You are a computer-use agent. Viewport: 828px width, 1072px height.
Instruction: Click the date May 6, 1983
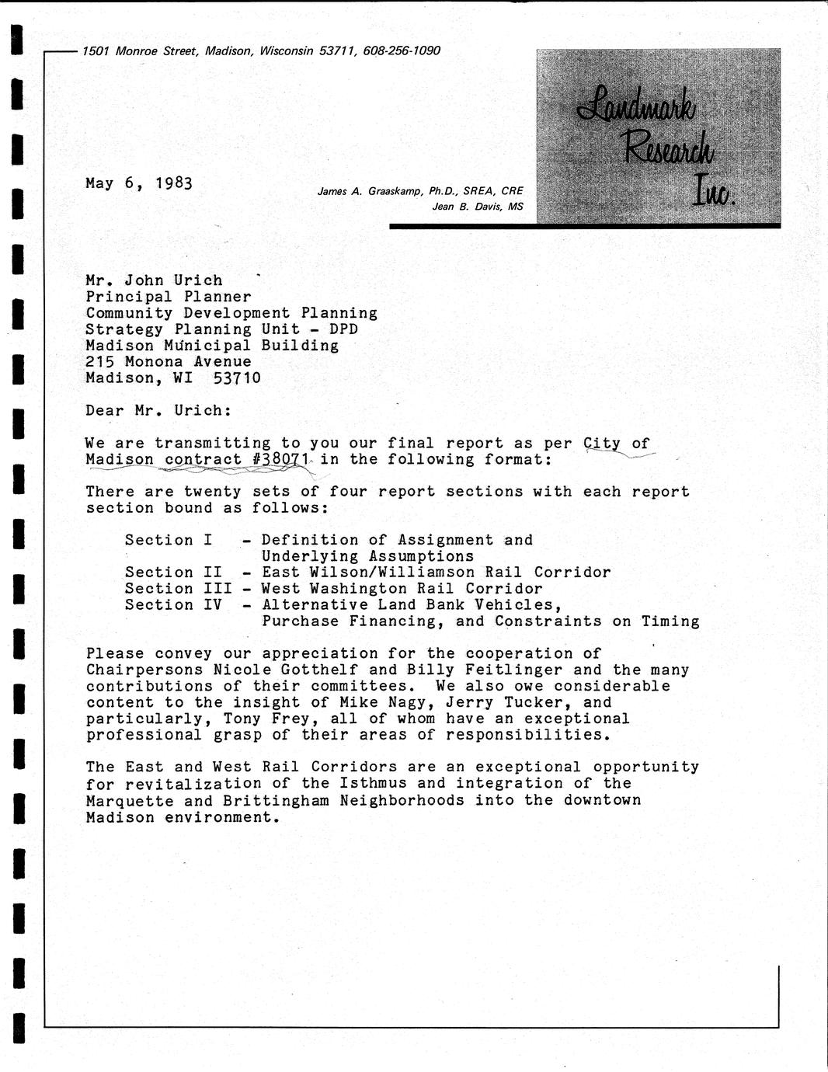point(139,183)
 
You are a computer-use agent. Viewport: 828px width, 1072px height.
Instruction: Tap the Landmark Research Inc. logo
point(658,136)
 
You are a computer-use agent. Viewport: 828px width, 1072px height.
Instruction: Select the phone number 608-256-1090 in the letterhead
point(402,51)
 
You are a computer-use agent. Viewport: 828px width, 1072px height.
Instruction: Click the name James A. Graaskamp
point(371,191)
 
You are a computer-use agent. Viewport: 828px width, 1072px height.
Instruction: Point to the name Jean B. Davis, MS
point(478,207)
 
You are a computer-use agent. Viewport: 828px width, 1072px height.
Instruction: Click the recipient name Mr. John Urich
point(154,280)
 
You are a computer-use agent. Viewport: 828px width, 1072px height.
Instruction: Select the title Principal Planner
point(169,297)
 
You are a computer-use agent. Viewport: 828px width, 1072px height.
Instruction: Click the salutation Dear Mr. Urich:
point(158,411)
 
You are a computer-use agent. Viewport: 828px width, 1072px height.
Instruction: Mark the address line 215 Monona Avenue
point(169,362)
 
